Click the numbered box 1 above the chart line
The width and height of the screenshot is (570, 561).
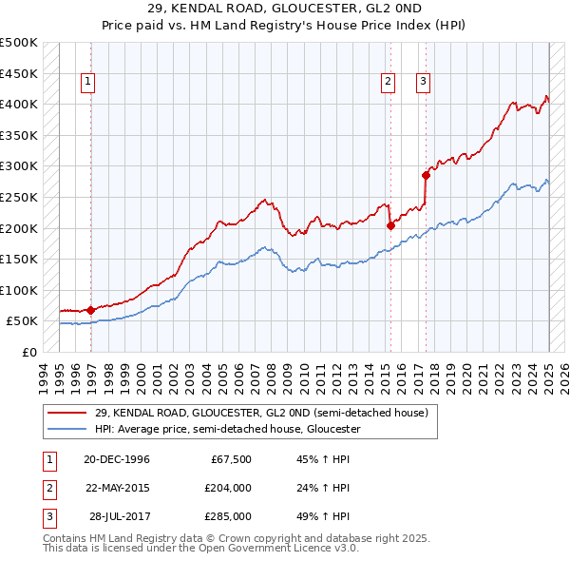coord(87,83)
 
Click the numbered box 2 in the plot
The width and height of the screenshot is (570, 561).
coord(389,83)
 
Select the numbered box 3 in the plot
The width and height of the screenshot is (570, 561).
coord(422,83)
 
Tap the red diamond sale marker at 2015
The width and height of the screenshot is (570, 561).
coord(390,225)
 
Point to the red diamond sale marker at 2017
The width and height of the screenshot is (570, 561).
coord(427,175)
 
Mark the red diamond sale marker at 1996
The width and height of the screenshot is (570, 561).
coord(90,310)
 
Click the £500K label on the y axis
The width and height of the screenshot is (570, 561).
coord(19,43)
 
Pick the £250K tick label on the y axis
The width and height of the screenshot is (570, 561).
coord(19,197)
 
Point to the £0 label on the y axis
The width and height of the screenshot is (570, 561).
coord(28,352)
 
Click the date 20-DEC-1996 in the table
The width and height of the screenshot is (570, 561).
coord(117,459)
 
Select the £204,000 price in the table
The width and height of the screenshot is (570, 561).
coord(229,488)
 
